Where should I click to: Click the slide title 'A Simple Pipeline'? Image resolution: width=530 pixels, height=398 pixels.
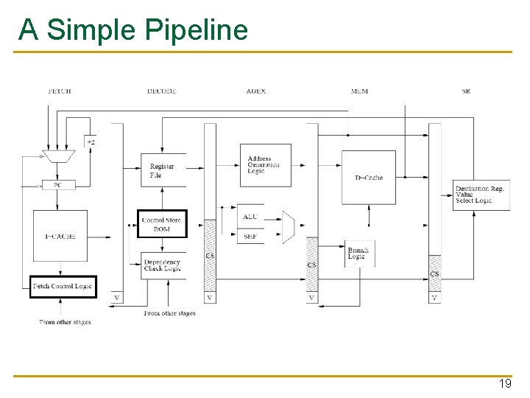(133, 30)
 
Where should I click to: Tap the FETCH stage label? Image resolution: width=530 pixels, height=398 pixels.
(59, 91)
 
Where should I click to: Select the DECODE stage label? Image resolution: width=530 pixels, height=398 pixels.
(161, 91)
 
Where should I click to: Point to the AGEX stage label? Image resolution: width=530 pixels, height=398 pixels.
(256, 91)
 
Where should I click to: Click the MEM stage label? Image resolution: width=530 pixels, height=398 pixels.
(359, 91)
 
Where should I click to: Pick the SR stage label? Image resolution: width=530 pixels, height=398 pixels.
(466, 91)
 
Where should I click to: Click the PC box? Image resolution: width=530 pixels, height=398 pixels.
(58, 185)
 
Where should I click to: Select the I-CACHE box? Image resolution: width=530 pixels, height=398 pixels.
(60, 236)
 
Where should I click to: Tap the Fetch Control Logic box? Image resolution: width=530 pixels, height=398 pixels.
(63, 286)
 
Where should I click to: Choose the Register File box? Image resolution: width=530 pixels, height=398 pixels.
(163, 170)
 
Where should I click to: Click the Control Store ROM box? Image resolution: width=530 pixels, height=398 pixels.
(163, 224)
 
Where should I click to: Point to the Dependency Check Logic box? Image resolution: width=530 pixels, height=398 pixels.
(163, 265)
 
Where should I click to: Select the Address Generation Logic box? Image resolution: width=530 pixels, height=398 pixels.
(265, 165)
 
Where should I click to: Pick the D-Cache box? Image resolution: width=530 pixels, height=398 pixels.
(368, 177)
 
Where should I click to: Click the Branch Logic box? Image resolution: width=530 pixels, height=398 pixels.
(359, 254)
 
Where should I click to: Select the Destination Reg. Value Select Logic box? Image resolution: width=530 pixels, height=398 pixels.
(481, 195)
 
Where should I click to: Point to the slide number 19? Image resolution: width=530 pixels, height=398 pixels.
(505, 384)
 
